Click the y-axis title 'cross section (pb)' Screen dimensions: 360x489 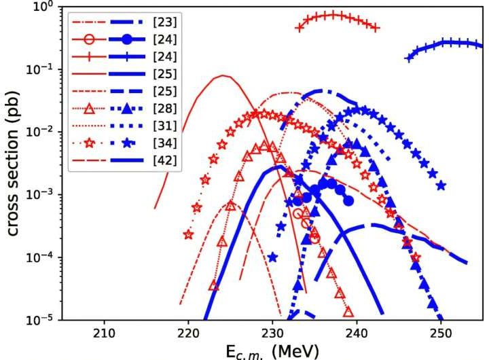coord(14,163)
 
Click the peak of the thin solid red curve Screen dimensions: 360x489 coord(222,76)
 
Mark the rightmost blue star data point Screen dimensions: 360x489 coord(441,185)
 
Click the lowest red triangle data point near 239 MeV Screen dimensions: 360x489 coord(348,312)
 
